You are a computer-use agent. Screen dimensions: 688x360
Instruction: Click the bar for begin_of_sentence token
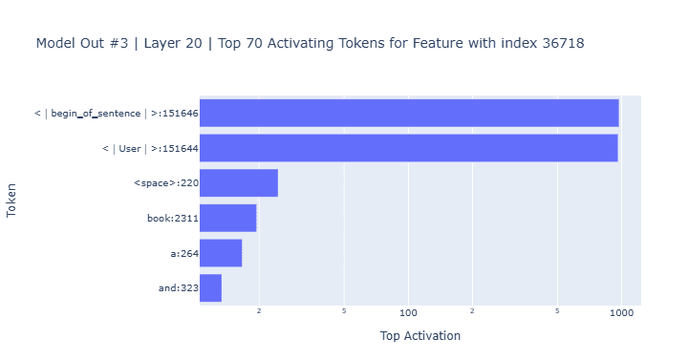pos(409,113)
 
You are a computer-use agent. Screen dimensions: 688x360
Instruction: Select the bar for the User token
pos(409,148)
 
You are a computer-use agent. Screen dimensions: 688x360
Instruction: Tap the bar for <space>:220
pos(239,182)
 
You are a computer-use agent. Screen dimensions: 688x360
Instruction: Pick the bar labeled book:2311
pos(228,218)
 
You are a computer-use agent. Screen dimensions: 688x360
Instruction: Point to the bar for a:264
pos(221,253)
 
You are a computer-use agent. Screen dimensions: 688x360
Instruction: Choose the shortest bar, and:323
pos(210,288)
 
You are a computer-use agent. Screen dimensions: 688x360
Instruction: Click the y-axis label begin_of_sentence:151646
pos(117,113)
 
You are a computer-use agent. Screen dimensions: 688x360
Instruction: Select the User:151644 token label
pos(150,148)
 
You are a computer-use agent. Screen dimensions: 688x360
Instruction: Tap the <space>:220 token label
pos(166,182)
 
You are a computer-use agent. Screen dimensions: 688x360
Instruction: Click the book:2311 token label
pos(173,218)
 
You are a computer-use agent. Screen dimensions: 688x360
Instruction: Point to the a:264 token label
pos(184,253)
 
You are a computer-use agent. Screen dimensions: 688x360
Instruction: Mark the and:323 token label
pos(179,288)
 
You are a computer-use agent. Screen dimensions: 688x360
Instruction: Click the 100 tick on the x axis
pos(408,312)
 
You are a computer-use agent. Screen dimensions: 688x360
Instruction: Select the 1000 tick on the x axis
pos(622,312)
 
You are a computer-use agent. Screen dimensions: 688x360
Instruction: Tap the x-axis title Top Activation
pos(420,336)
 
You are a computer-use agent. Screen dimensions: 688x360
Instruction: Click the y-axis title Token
pos(11,201)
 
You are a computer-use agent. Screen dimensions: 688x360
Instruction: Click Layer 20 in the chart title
pos(173,43)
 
